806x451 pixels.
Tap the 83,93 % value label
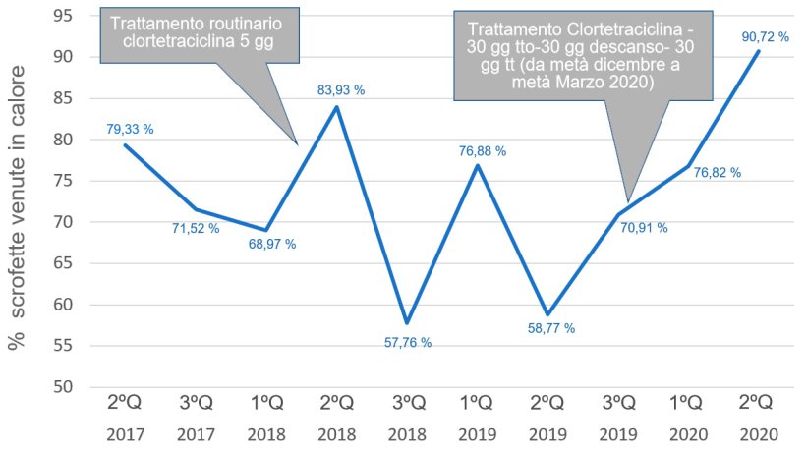tap(341, 90)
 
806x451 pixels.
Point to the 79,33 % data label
tap(130, 129)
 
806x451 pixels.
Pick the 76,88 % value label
tap(483, 151)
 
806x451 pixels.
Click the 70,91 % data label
tap(644, 228)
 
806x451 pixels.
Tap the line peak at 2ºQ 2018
tap(337, 107)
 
